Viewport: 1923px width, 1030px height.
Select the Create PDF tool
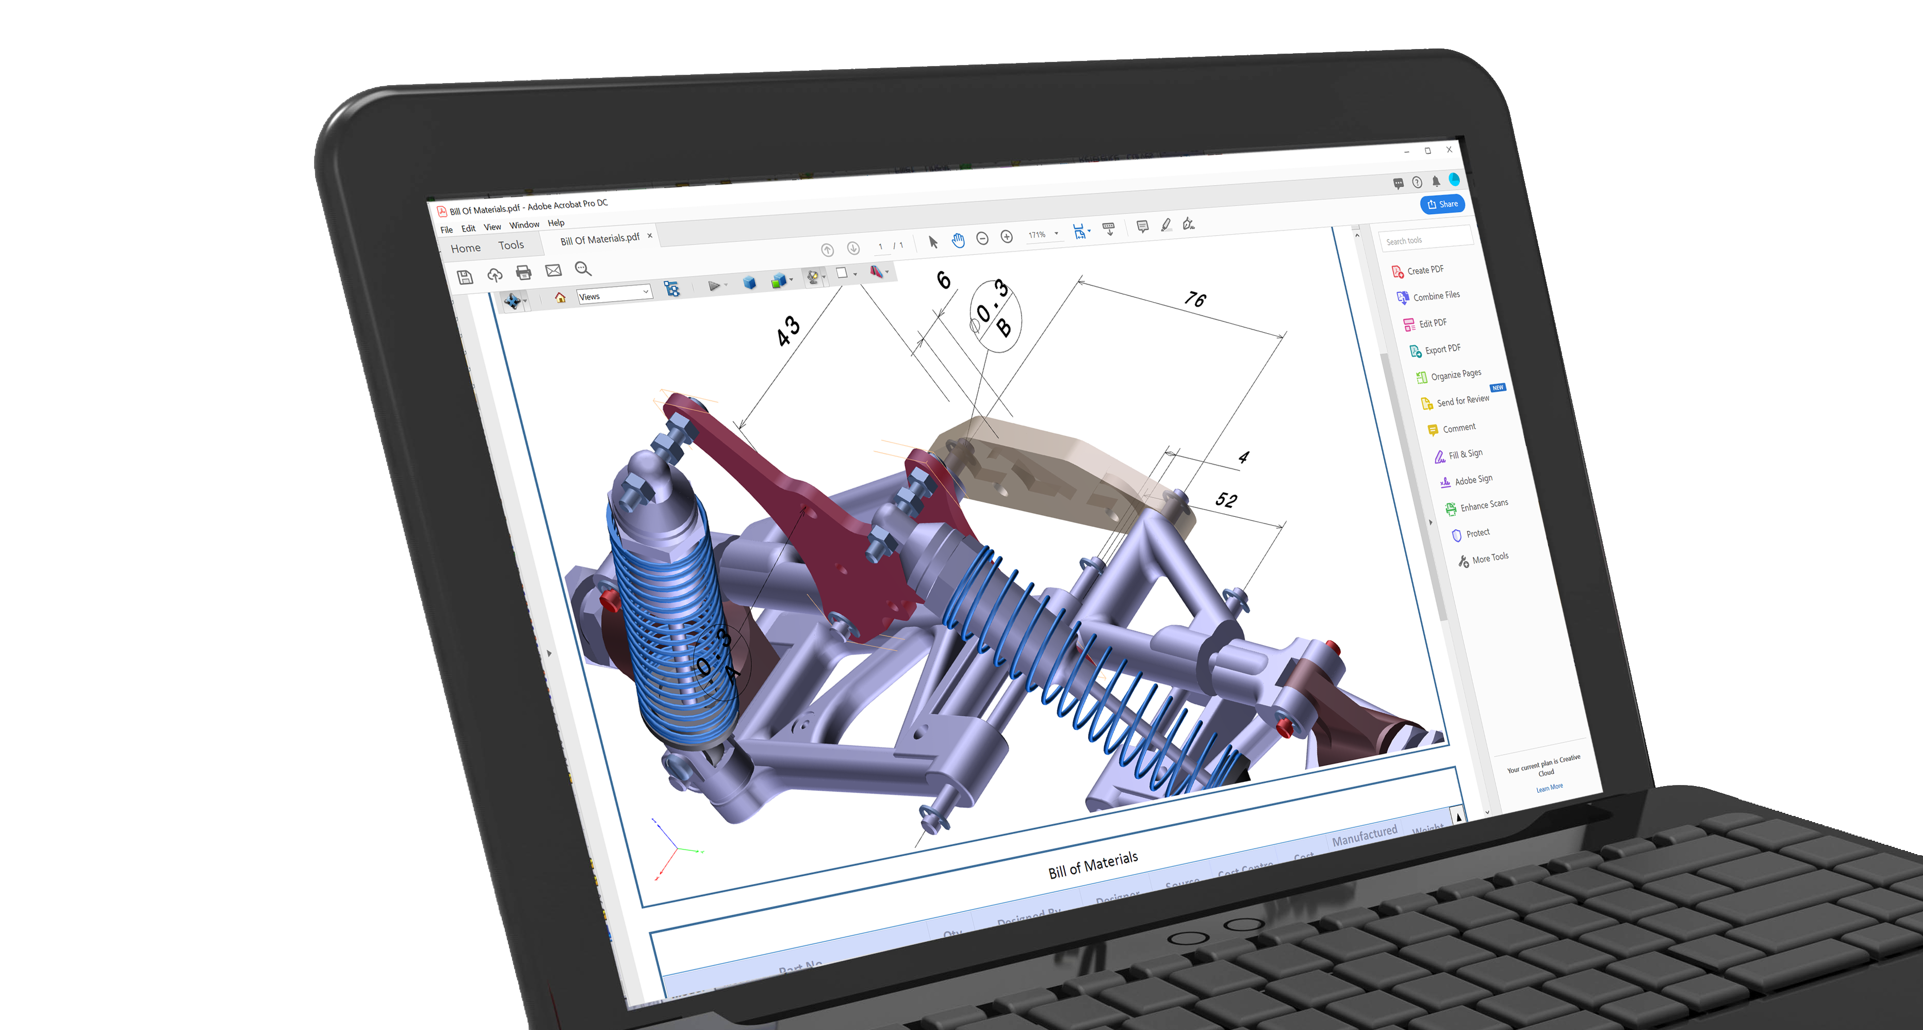click(1424, 269)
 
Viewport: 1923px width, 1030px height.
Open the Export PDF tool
click(1441, 349)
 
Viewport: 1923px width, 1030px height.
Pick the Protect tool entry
click(1476, 533)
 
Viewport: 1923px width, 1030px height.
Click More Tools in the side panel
click(1489, 558)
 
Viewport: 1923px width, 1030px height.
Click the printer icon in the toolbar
click(523, 272)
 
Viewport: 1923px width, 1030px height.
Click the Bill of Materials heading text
click(1092, 864)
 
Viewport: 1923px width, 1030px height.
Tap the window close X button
click(1449, 149)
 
